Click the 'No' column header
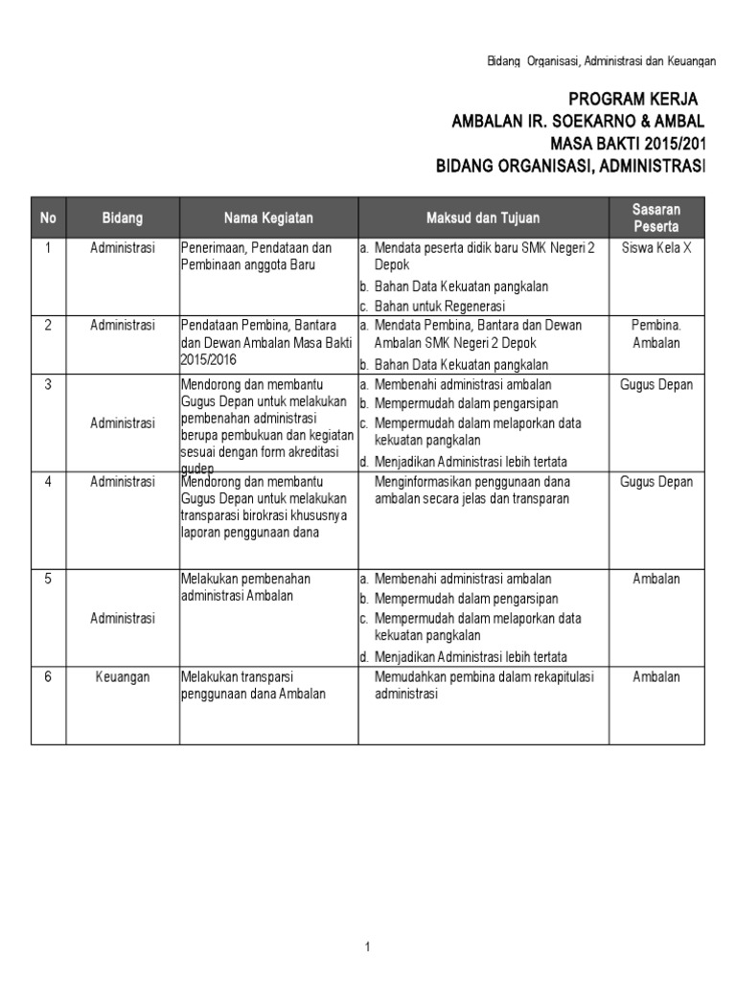(48, 218)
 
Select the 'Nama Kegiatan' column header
(268, 218)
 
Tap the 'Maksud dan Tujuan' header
(484, 218)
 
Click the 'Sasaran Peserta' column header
(656, 217)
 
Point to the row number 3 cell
(48, 384)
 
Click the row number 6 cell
(48, 676)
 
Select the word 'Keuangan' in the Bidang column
(123, 676)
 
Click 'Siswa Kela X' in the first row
(656, 247)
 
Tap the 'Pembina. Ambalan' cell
(656, 333)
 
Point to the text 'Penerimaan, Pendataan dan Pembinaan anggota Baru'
(256, 256)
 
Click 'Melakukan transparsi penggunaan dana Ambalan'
(254, 685)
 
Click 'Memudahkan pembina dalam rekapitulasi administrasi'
(484, 685)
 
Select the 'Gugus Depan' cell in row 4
(656, 482)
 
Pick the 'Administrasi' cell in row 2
(123, 325)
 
